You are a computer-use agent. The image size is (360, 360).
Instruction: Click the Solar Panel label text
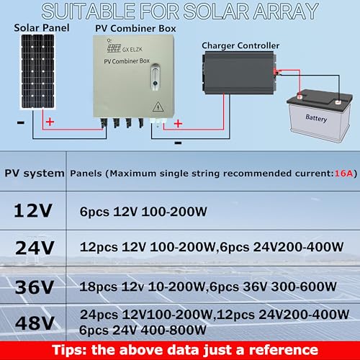42,28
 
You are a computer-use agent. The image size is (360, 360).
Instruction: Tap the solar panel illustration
37,72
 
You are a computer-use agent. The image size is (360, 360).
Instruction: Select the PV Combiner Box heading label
135,29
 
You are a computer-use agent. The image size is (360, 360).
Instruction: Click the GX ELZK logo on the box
125,48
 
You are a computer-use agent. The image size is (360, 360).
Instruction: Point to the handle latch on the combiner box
155,77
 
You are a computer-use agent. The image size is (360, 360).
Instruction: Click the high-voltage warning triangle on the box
158,107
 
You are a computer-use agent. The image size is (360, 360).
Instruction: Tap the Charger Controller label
240,45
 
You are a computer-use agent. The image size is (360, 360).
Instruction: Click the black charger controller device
239,73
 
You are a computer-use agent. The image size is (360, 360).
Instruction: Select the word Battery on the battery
316,118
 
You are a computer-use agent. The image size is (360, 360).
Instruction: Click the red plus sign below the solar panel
50,122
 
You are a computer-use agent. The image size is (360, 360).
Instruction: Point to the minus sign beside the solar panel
21,123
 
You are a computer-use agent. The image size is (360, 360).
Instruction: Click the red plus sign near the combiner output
178,124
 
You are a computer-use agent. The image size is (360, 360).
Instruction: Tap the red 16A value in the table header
343,174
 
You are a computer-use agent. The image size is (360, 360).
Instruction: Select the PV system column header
35,174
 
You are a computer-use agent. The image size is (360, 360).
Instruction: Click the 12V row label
33,211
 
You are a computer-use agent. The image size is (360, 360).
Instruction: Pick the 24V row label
35,248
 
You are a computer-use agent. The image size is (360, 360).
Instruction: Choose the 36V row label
35,287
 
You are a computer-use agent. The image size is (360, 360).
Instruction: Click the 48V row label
35,323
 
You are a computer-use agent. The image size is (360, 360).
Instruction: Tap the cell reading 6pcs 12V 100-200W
143,212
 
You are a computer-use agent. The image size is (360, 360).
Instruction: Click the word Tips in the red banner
69,350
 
